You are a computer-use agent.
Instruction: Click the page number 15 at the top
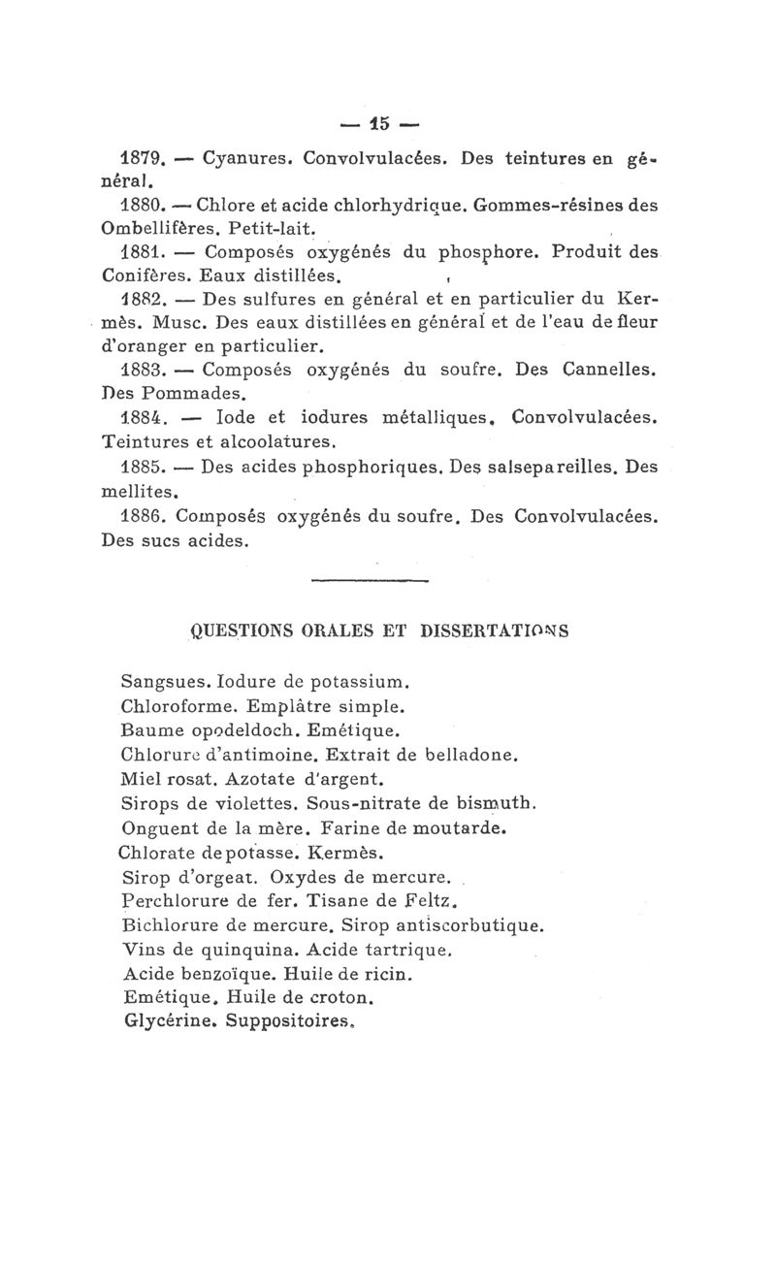pyautogui.click(x=378, y=123)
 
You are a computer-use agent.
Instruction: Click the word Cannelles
pyautogui.click(x=612, y=371)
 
